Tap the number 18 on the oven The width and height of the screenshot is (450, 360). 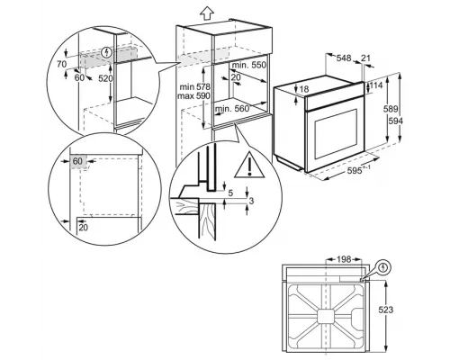[x=304, y=89]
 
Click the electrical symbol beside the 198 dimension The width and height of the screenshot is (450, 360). [x=386, y=266]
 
